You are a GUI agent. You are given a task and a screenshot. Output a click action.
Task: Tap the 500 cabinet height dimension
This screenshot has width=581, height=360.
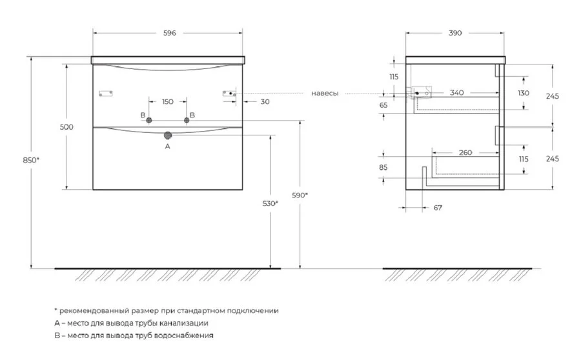pos(66,127)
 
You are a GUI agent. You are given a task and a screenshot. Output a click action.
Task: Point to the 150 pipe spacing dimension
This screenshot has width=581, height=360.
pos(167,102)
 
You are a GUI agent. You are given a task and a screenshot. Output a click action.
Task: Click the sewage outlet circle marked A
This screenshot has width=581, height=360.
pos(168,135)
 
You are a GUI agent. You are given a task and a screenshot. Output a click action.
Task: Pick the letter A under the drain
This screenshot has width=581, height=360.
pos(167,147)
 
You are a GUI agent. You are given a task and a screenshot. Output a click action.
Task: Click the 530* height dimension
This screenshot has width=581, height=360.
pos(271,203)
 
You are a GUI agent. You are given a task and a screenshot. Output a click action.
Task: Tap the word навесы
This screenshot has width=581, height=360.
pos(324,94)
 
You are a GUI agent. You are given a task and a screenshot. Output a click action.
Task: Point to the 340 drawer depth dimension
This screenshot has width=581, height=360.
pos(456,93)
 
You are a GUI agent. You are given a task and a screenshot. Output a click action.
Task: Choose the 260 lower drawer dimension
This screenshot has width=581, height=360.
pos(465,153)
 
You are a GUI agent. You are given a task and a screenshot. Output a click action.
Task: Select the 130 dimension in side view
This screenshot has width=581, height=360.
pos(522,93)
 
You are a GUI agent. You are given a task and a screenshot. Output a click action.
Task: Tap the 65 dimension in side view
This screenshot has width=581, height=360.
pos(383,105)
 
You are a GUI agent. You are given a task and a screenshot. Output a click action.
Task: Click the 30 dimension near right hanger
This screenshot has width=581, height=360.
pos(265,102)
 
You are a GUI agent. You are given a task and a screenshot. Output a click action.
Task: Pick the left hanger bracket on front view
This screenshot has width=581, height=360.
pos(107,94)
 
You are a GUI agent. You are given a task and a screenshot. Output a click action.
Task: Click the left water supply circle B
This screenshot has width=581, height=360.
pos(149,121)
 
